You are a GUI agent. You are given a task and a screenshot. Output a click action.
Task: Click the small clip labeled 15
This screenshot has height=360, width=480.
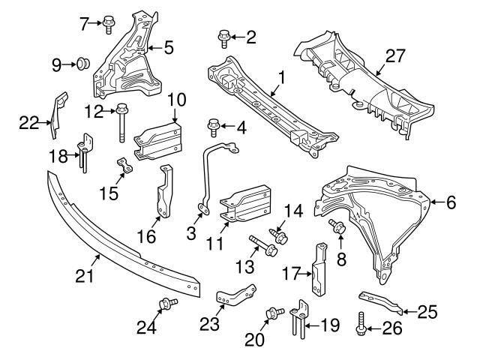[124, 165]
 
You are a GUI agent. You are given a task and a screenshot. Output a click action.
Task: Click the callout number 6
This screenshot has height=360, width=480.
[451, 201]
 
